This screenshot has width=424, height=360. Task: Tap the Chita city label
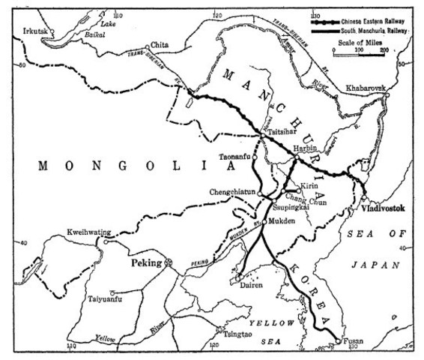pyautogui.click(x=160, y=45)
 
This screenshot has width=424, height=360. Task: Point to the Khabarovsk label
pyautogui.click(x=367, y=88)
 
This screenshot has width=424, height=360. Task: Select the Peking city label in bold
pyautogui.click(x=148, y=263)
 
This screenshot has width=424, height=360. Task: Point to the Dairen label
pyautogui.click(x=249, y=284)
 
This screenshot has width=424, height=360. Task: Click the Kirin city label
pyautogui.click(x=310, y=185)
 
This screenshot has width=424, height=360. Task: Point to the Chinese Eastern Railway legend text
pyautogui.click(x=373, y=13)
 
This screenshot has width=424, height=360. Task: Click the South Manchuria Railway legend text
pyautogui.click(x=373, y=24)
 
